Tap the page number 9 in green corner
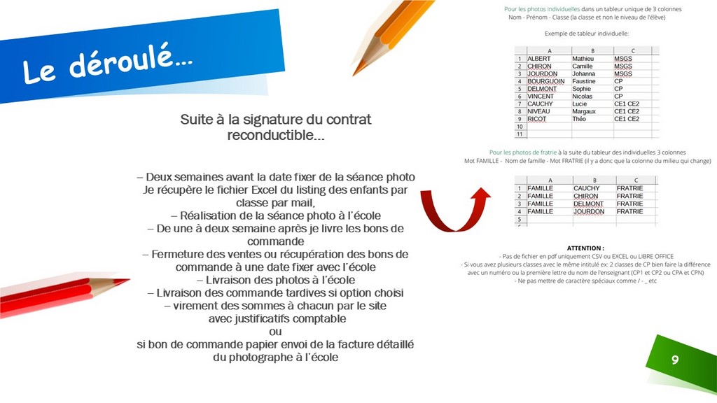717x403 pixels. (675, 360)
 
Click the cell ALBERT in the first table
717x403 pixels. (539, 59)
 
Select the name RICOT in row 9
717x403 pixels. (537, 119)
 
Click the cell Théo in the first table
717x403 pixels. (579, 119)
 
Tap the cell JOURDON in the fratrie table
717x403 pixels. (589, 211)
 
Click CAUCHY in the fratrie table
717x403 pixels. (587, 188)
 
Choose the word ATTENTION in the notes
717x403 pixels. (585, 248)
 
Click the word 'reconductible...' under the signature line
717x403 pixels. (276, 136)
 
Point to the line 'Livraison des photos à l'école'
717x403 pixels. (276, 280)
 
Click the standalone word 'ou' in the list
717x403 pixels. (276, 332)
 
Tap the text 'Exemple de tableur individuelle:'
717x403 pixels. (586, 33)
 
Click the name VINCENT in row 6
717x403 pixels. (540, 97)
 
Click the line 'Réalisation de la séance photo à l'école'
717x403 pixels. (276, 215)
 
